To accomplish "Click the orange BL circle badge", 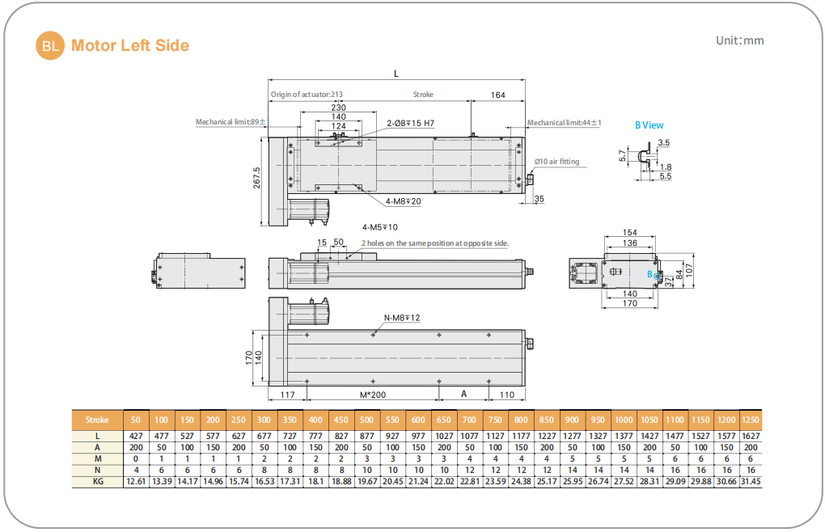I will pyautogui.click(x=50, y=45).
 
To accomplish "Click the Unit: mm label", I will pyautogui.click(x=739, y=40).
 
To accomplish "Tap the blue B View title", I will pyautogui.click(x=649, y=125).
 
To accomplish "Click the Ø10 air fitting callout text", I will pyautogui.click(x=557, y=162).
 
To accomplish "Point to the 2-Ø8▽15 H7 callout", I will pyautogui.click(x=411, y=124).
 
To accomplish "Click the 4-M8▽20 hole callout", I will pyautogui.click(x=403, y=201).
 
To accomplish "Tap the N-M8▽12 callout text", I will pyautogui.click(x=401, y=318).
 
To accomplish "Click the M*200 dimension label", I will pyautogui.click(x=373, y=394).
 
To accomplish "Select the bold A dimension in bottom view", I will pyautogui.click(x=463, y=393).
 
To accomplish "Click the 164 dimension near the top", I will pyautogui.click(x=498, y=95).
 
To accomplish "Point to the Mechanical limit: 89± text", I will pyautogui.click(x=231, y=122).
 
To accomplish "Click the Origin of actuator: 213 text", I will pyautogui.click(x=307, y=95).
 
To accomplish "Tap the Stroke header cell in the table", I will pyautogui.click(x=97, y=420).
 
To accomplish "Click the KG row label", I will pyautogui.click(x=97, y=481).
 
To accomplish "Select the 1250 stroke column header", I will pyautogui.click(x=750, y=420).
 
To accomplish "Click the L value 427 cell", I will pyautogui.click(x=136, y=436).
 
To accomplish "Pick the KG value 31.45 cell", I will pyautogui.click(x=750, y=481).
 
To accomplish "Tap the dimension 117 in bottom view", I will pyautogui.click(x=287, y=394).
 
